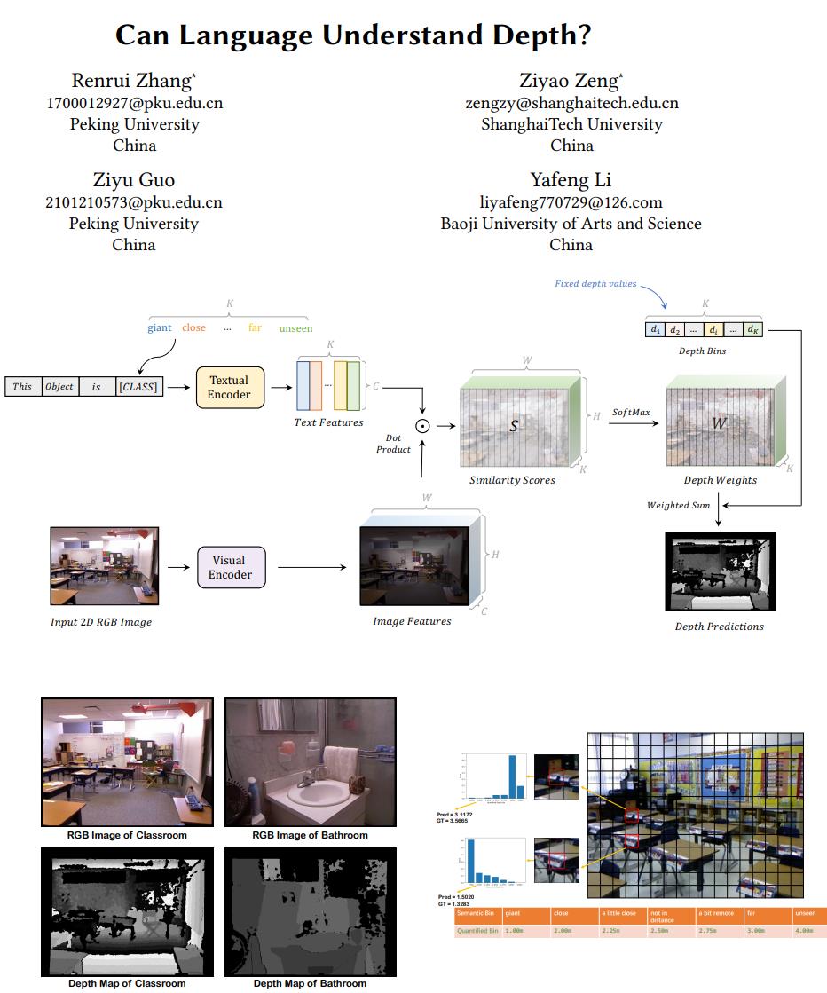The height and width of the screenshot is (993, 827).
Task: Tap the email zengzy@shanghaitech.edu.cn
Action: tap(571, 103)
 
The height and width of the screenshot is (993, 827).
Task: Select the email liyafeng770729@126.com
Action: tap(571, 202)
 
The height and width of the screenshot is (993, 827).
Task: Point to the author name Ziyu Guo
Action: tap(134, 181)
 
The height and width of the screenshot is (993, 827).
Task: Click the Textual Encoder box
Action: tap(230, 388)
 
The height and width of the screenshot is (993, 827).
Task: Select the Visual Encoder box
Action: tap(231, 567)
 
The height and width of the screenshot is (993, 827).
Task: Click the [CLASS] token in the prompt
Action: tap(140, 387)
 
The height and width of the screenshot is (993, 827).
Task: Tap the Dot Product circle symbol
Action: tap(424, 426)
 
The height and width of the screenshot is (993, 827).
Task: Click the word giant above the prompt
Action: tap(160, 328)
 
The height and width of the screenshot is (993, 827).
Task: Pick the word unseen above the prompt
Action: tap(295, 328)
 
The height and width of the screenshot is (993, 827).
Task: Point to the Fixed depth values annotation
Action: tap(595, 284)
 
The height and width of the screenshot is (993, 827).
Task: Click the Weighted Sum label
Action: tap(679, 506)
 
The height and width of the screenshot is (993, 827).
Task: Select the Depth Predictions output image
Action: tap(720, 571)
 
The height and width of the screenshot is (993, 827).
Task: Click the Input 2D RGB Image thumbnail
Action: tap(105, 566)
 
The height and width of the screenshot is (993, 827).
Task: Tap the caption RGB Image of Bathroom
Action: tap(310, 835)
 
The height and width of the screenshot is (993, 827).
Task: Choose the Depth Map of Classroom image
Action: tap(127, 912)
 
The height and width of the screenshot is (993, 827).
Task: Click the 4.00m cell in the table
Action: tap(805, 931)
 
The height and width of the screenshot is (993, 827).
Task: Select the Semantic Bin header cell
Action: tap(476, 913)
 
